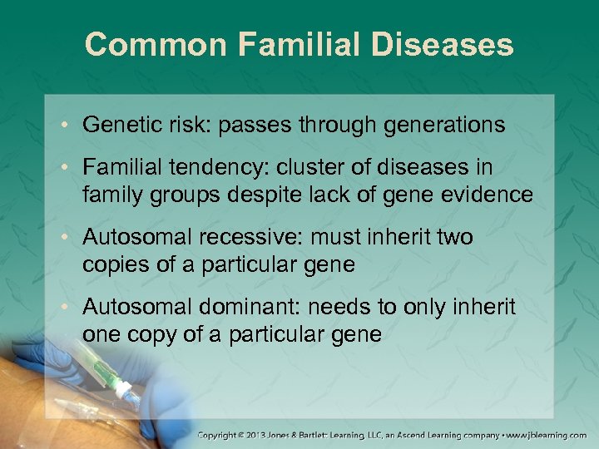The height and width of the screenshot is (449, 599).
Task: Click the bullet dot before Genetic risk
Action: [68, 126]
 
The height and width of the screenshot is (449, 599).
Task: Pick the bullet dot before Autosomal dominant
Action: [68, 307]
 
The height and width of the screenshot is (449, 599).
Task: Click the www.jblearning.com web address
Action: [549, 435]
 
